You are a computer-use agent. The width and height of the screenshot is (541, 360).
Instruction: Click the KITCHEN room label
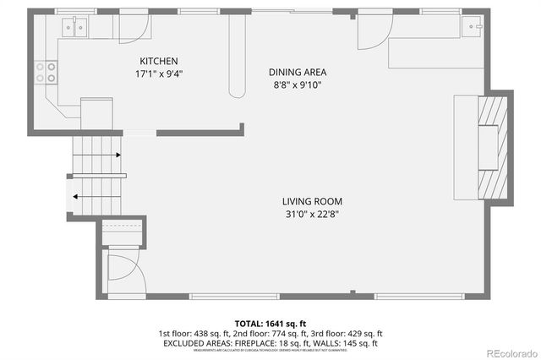coord(159,61)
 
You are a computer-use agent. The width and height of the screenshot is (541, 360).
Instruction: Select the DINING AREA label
coord(298,73)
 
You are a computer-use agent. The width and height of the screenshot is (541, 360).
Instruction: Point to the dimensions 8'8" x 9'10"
coord(298,85)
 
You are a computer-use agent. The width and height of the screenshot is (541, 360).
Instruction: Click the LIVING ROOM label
coord(312,201)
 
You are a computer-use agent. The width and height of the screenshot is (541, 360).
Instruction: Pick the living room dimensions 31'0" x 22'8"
coord(312,214)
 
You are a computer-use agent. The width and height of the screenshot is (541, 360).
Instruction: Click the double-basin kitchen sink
coord(76,29)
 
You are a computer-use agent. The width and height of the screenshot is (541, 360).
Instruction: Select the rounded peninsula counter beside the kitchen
coord(236,55)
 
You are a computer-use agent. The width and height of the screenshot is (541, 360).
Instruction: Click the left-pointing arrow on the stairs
coord(76,196)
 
